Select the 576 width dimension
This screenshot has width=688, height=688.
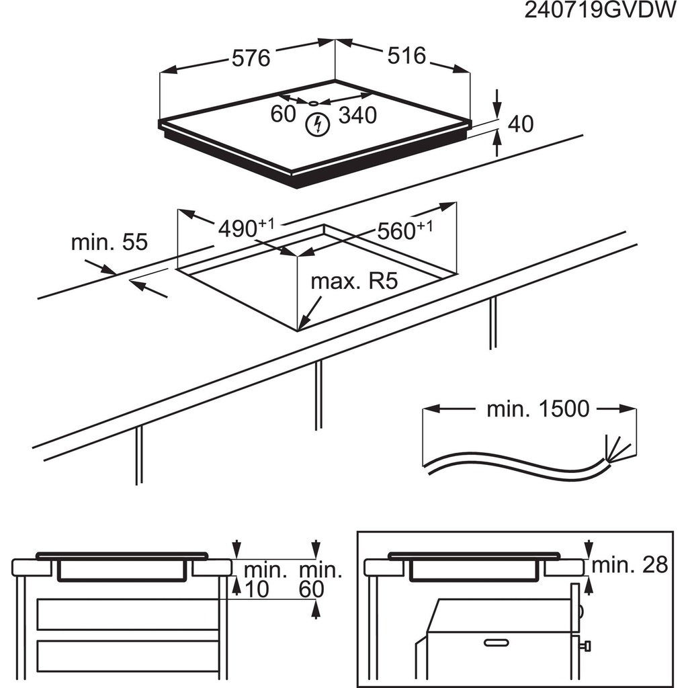251,58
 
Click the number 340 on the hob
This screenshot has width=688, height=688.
357,116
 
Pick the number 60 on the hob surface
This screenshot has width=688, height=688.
283,114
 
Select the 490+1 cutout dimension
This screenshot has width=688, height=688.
246,228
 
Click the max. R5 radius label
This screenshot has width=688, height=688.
354,281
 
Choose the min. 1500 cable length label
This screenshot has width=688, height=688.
537,408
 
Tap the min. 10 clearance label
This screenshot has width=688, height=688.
264,580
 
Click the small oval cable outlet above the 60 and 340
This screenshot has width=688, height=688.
313,103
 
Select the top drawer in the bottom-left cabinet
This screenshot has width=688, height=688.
128,614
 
